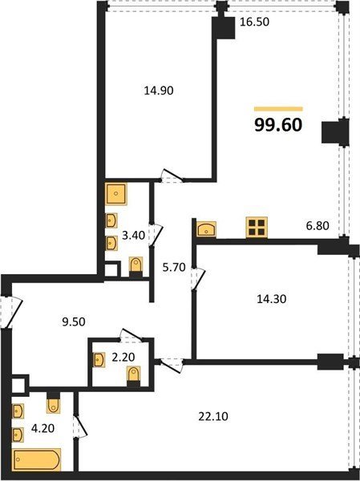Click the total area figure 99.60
coord(278,125)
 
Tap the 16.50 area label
coord(254,22)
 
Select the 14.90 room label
coord(159,91)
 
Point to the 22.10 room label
coord(213,417)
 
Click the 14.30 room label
coord(271,299)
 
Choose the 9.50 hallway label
coord(74,322)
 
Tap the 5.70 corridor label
coord(174,268)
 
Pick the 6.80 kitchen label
coord(318,226)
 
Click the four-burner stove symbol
coord(257,228)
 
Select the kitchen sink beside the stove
coord(206,229)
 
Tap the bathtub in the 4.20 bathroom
coord(37,459)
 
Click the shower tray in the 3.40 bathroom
coord(115,193)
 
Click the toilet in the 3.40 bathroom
coord(136,266)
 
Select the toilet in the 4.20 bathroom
coord(54,402)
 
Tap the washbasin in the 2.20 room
coord(99,360)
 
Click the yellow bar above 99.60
coord(278,109)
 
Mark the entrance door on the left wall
coord(11,313)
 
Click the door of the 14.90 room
coord(172,176)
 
